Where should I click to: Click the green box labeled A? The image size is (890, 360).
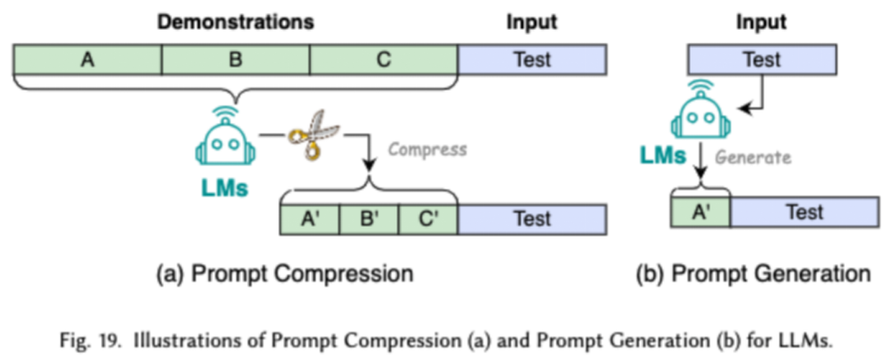click(87, 60)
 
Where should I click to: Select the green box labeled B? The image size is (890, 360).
click(235, 60)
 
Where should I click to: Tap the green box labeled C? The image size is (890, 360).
click(384, 60)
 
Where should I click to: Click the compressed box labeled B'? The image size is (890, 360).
click(368, 218)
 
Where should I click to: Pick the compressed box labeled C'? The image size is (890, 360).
click(428, 218)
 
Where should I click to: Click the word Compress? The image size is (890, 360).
click(426, 150)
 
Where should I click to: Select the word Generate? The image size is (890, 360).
click(752, 156)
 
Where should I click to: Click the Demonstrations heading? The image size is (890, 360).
click(237, 22)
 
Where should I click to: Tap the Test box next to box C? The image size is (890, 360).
click(532, 60)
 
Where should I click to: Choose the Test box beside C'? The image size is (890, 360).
click(532, 218)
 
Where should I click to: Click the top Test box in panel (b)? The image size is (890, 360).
click(761, 60)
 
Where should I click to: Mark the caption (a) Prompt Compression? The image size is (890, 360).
click(284, 274)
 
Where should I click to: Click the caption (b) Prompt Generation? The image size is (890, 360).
click(753, 274)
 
